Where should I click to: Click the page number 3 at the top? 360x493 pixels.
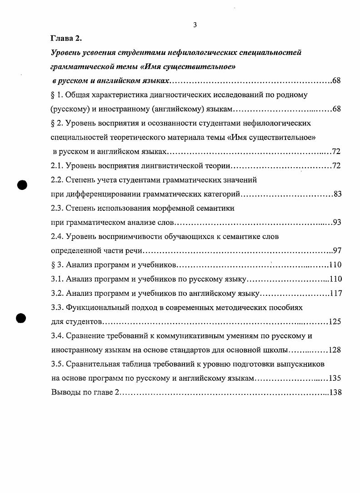[195, 25]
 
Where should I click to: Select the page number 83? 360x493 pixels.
[337, 194]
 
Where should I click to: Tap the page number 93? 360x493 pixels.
[337, 223]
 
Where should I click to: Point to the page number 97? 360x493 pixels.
[337, 251]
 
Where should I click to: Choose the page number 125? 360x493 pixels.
[335, 322]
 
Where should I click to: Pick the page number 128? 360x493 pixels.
[335, 350]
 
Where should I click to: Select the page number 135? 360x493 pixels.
[335, 378]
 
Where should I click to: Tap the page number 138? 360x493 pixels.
[335, 393]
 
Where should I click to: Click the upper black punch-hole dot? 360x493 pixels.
[23, 185]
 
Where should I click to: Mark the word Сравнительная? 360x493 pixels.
[93, 364]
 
